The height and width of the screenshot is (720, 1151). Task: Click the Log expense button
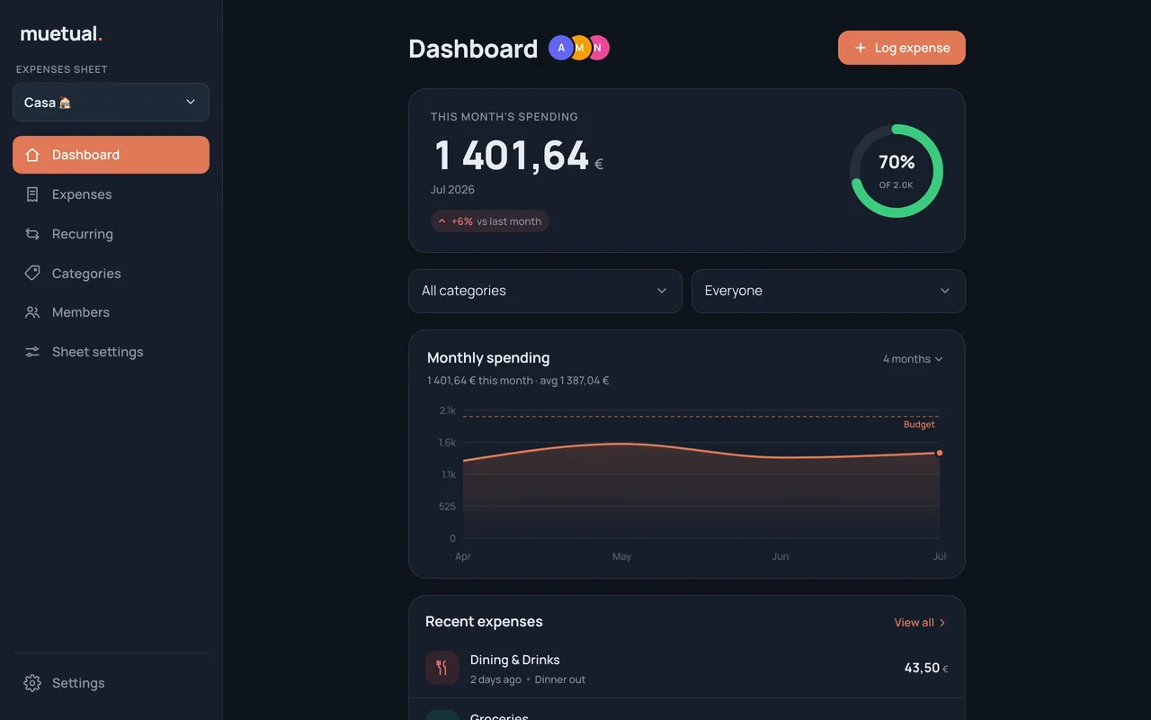click(901, 48)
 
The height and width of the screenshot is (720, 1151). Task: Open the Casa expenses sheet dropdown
click(111, 103)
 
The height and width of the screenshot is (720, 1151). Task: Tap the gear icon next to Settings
click(32, 683)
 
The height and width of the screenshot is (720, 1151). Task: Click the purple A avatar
click(561, 48)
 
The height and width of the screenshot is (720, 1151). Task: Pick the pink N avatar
click(598, 48)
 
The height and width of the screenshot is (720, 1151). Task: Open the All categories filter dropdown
click(545, 291)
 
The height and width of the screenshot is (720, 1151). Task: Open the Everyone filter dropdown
click(828, 291)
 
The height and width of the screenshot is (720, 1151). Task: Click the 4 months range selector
click(913, 359)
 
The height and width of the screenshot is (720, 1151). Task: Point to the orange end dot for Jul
click(940, 453)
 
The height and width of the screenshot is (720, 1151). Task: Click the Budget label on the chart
click(919, 424)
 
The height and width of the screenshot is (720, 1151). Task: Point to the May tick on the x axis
click(621, 556)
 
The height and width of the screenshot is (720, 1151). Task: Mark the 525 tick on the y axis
click(447, 507)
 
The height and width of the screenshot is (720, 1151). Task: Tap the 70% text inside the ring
click(897, 162)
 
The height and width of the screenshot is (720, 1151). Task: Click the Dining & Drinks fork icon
click(442, 668)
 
